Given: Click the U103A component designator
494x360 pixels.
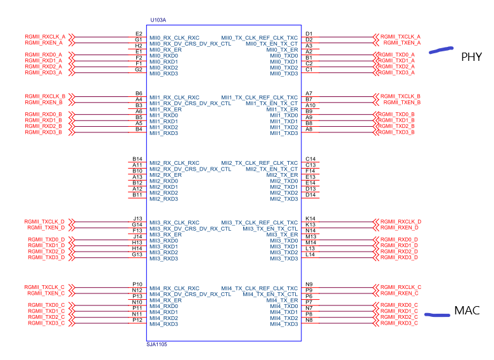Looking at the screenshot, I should point(158,21).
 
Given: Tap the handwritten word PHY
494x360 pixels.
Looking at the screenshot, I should point(471,57).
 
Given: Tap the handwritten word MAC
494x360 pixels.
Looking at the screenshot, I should point(467,311).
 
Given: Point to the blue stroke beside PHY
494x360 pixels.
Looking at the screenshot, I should point(441,51).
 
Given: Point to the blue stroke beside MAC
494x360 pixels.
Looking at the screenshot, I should point(437,314).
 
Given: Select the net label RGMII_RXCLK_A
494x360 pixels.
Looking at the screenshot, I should point(45,37).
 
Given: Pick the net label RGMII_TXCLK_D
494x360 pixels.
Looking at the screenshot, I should point(45,221).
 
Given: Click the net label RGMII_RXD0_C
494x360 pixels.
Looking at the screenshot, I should point(400,305).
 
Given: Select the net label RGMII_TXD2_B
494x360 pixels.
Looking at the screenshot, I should point(396,126).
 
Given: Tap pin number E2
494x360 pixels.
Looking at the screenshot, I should point(139,34).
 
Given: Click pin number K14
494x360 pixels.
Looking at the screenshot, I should point(310,219).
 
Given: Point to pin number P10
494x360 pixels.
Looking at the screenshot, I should point(137,284).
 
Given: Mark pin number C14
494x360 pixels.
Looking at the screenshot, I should point(310,158).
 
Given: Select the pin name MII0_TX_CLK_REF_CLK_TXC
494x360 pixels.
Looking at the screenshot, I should point(259,37).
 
